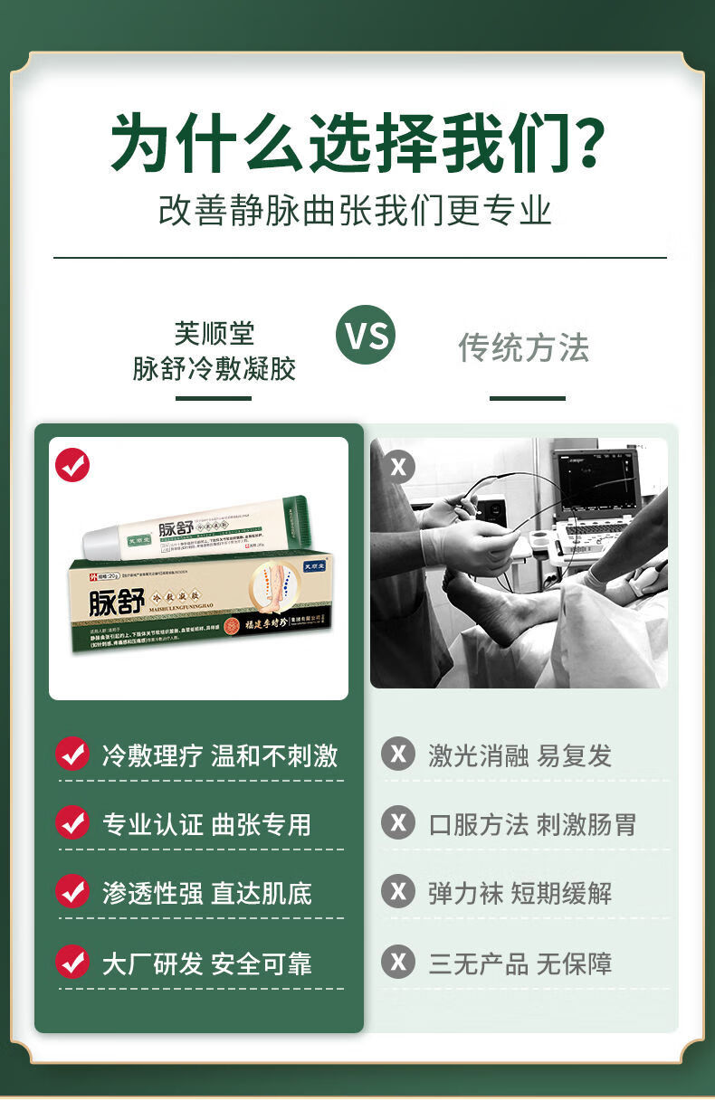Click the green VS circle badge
[366, 335]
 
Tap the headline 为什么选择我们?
[358, 142]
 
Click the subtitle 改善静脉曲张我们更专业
[355, 210]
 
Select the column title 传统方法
[524, 347]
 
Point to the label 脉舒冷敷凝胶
[214, 368]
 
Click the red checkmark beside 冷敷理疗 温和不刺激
[72, 755]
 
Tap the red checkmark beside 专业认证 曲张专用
[72, 823]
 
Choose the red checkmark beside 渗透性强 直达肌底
[72, 892]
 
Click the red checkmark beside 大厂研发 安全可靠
[72, 962]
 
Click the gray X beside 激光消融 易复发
[398, 754]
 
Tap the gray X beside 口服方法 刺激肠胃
[398, 823]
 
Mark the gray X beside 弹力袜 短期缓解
[398, 892]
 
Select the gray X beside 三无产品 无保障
[398, 962]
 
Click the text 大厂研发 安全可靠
[206, 963]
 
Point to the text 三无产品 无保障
[520, 963]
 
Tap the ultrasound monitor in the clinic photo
[596, 484]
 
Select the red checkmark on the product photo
[72, 465]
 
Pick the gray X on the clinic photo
[398, 467]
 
